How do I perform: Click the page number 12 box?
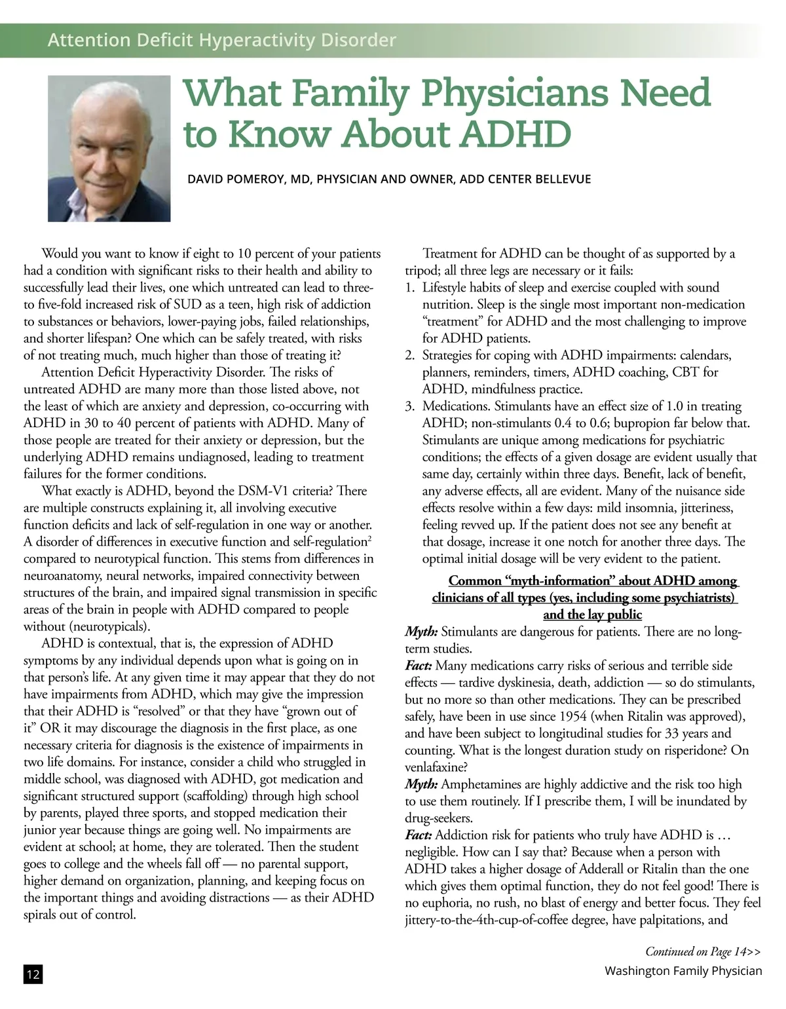coord(33,974)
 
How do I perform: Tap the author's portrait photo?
coord(109,148)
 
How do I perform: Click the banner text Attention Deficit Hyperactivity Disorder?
coord(222,41)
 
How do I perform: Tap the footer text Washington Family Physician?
coord(683,970)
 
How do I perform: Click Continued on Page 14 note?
coord(703,951)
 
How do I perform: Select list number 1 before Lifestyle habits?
coord(409,288)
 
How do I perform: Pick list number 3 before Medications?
coord(409,406)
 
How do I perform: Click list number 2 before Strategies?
coord(409,355)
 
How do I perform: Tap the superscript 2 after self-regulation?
coord(369,539)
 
